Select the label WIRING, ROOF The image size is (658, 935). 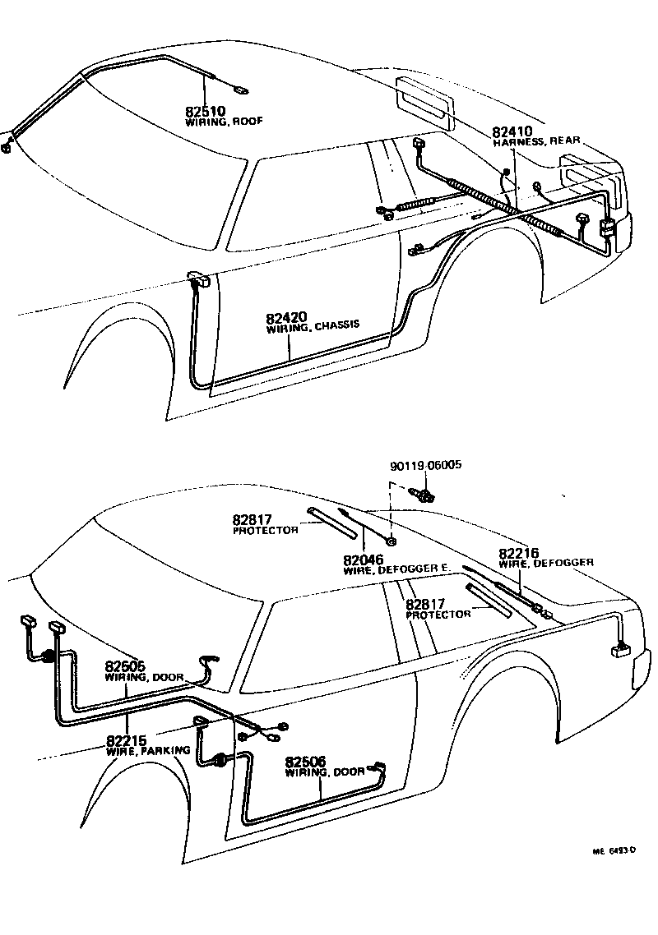[224, 121]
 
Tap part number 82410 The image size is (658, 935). [512, 131]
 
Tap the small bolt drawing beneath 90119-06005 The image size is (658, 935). [423, 494]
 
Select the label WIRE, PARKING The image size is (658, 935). [148, 750]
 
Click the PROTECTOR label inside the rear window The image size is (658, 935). [438, 615]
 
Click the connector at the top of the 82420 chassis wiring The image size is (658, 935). [200, 279]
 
